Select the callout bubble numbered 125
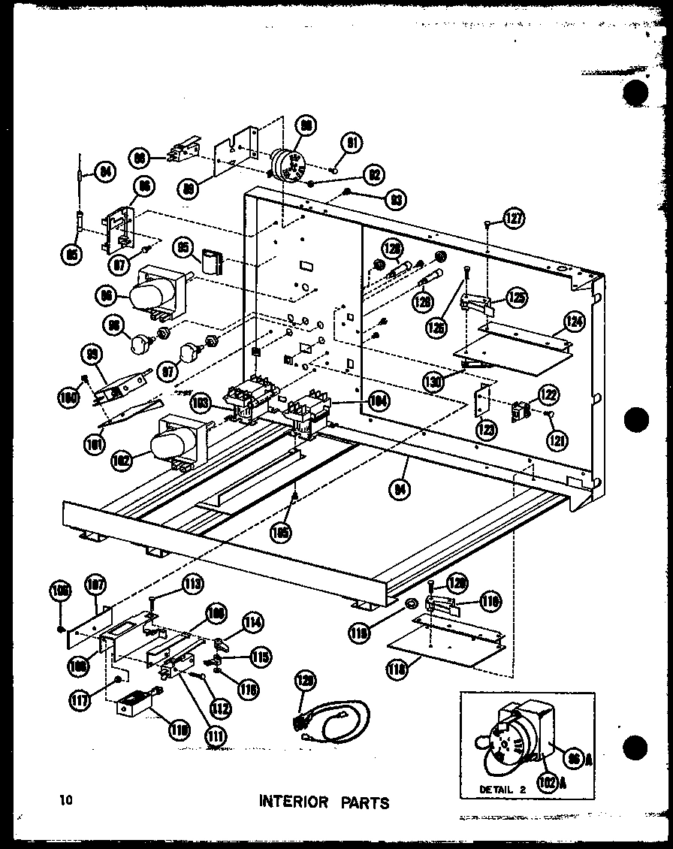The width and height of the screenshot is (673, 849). coord(515,298)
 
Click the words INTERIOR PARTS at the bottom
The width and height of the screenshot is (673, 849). coord(324,802)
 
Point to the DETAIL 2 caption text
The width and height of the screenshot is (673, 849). coord(502,789)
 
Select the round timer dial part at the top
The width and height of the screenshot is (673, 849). coord(288,162)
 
